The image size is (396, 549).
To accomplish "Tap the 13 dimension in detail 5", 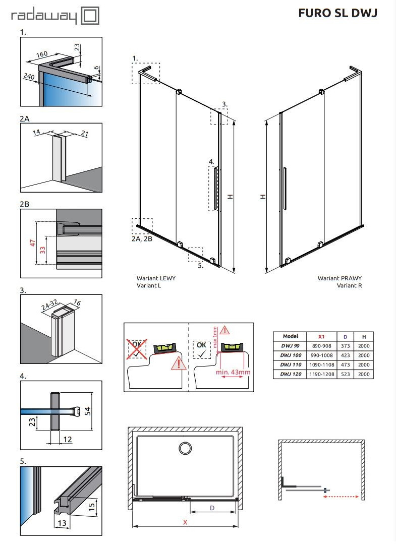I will pos(61,523).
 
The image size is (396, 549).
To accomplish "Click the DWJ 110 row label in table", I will pos(291,365).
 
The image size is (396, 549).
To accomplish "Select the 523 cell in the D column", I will pos(344,375).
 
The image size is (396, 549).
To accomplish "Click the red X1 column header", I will pos(321,336).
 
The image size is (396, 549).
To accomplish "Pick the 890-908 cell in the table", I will pos(321,346).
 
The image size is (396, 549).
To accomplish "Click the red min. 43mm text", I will pos(234,372).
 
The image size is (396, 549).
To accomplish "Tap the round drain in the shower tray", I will pos(185,449).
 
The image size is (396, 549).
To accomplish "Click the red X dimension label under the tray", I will pos(185,523).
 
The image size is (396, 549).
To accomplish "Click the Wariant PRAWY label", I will pos(340,278).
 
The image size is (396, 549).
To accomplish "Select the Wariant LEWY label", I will pos(156,278).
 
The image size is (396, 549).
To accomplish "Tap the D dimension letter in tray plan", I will pos(212,508).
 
